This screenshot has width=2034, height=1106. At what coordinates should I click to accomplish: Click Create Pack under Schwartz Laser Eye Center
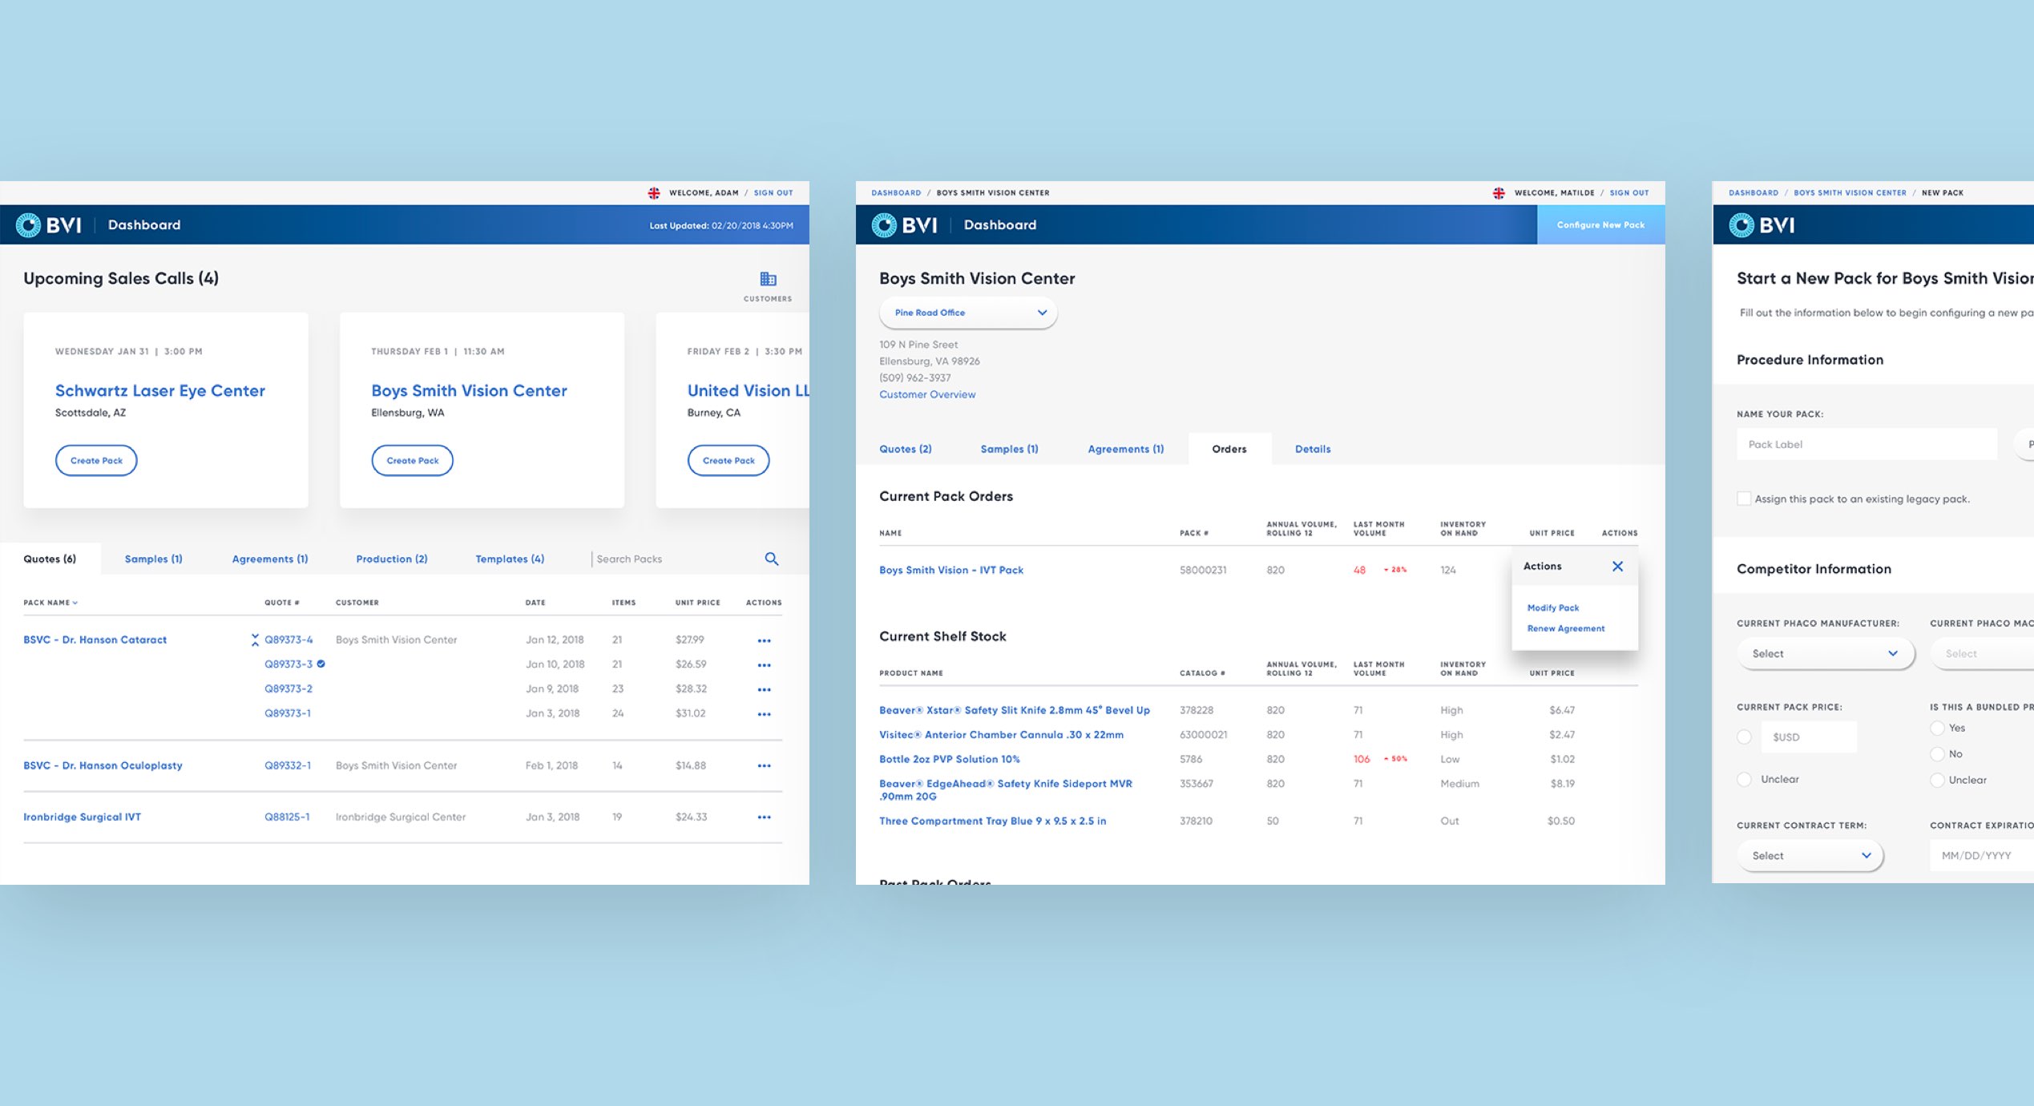tap(96, 461)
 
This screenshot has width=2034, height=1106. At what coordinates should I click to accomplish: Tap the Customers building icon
tap(768, 280)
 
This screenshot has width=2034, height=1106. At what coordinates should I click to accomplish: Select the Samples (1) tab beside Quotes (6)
tap(153, 559)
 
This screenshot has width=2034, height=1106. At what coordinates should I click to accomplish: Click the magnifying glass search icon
tap(772, 559)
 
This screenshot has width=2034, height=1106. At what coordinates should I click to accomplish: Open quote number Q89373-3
tap(289, 664)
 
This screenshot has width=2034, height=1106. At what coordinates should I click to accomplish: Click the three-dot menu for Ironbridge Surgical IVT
tap(765, 817)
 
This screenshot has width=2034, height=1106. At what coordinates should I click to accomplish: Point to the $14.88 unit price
tap(691, 765)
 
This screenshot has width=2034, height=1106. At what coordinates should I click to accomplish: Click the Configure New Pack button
tap(1600, 225)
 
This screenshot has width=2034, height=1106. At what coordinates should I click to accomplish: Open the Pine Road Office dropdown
tap(968, 313)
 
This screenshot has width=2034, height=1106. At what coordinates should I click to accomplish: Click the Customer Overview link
tap(927, 394)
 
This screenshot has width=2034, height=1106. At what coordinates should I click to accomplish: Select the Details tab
tap(1313, 450)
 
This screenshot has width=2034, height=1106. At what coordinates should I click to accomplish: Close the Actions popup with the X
tap(1617, 567)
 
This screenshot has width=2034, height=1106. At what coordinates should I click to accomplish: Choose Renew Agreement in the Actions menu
tap(1566, 629)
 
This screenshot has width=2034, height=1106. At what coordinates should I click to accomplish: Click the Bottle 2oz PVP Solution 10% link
tap(950, 759)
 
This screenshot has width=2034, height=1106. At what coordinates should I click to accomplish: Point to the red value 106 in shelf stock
tap(1362, 759)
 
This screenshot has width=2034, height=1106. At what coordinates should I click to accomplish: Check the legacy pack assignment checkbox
tap(1744, 499)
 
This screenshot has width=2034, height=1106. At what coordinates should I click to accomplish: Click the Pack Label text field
tap(1867, 445)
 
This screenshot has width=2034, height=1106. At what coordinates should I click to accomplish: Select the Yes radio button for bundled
tap(1938, 729)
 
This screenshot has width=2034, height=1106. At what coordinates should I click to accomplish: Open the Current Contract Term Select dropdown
tap(1810, 856)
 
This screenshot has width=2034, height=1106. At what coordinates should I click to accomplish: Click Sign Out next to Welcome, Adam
tap(773, 193)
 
